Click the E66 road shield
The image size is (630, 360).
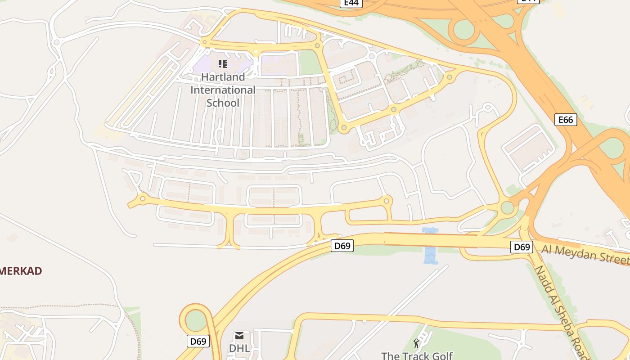(x=566, y=120)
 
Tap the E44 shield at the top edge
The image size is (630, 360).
(x=351, y=3)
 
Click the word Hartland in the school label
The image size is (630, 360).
(x=223, y=77)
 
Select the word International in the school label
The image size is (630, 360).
(x=223, y=90)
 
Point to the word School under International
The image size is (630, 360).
(x=223, y=103)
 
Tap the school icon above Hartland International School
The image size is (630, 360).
(x=223, y=64)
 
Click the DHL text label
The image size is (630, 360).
(x=239, y=348)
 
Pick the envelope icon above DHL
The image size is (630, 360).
(x=239, y=336)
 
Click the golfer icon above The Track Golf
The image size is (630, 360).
(x=416, y=344)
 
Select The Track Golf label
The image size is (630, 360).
(x=417, y=355)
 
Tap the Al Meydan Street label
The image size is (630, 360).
(x=585, y=254)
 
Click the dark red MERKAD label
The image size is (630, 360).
(x=21, y=271)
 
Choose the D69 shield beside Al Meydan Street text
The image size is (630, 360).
(x=522, y=247)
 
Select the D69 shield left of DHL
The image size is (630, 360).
(x=198, y=341)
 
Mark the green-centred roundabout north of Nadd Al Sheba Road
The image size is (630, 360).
(x=508, y=207)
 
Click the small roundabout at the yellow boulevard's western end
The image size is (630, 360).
(x=143, y=198)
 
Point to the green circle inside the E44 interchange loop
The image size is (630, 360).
(x=463, y=30)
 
